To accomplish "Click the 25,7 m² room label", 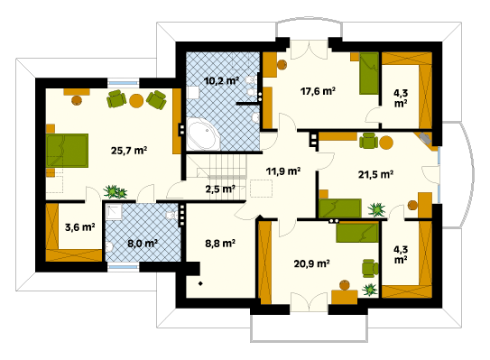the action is pyautogui.click(x=129, y=151).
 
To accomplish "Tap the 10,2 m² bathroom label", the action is pyautogui.click(x=221, y=81).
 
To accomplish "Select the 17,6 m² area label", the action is pyautogui.click(x=318, y=91).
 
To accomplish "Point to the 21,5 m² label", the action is pyautogui.click(x=375, y=174).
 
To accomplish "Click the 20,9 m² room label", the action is pyautogui.click(x=311, y=263).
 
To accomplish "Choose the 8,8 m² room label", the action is pyautogui.click(x=220, y=243).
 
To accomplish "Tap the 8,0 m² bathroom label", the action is pyautogui.click(x=143, y=243).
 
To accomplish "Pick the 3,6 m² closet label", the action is pyautogui.click(x=80, y=227).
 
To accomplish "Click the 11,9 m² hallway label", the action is pyautogui.click(x=283, y=171).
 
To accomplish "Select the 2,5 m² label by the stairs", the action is pyautogui.click(x=220, y=189).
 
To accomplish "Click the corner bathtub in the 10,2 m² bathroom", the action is pyautogui.click(x=203, y=134).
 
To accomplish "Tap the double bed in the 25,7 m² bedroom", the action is pyautogui.click(x=67, y=151).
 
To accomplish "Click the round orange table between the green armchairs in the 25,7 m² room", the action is pyautogui.click(x=136, y=101).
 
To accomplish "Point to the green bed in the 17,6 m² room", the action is pyautogui.click(x=369, y=73).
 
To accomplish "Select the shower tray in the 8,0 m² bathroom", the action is pyautogui.click(x=114, y=213).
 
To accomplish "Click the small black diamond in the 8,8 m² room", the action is pyautogui.click(x=200, y=283).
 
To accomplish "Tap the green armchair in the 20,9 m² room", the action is pyautogui.click(x=370, y=268).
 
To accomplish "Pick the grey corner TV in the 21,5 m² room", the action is pyautogui.click(x=425, y=138).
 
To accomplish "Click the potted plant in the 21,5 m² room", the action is pyautogui.click(x=376, y=209).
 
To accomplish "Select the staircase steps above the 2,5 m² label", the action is pyautogui.click(x=223, y=167).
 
